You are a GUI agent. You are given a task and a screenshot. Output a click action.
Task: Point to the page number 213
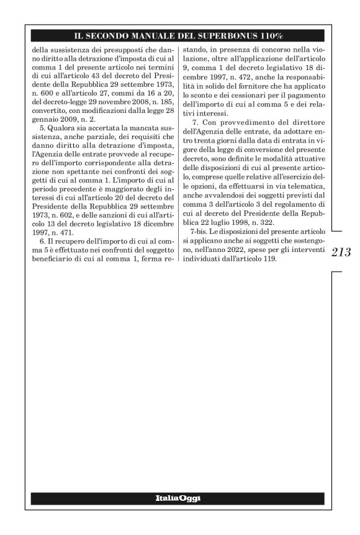click(341, 252)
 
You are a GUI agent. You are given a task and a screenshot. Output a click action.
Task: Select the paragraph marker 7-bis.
click(200, 231)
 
